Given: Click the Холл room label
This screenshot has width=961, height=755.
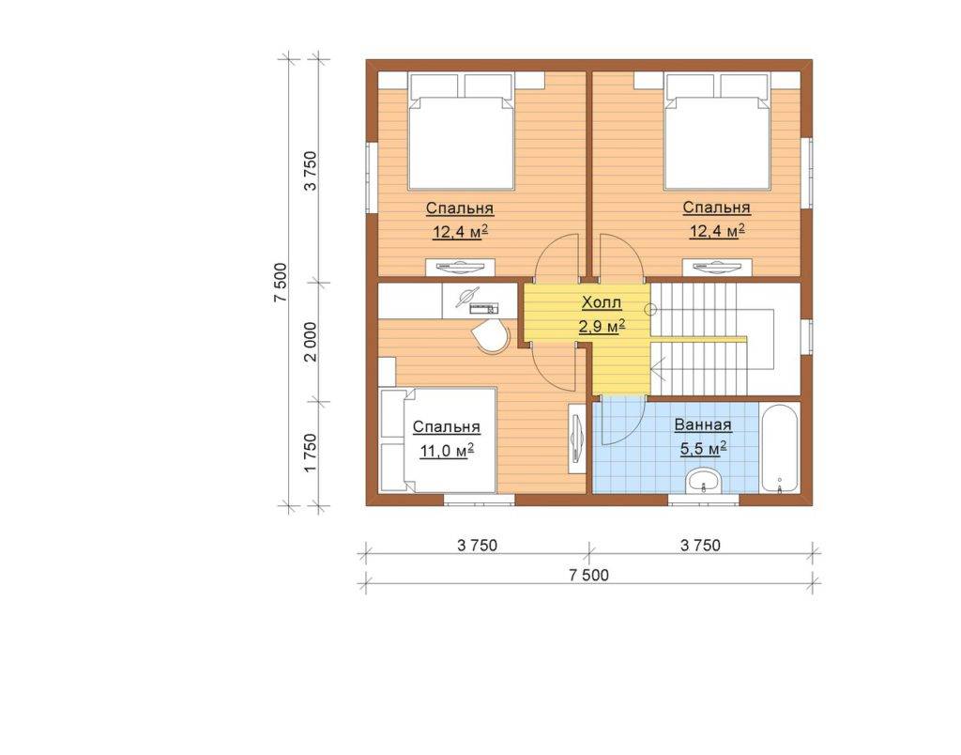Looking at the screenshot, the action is point(602,302).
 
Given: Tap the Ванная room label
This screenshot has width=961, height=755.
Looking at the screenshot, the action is point(703,425).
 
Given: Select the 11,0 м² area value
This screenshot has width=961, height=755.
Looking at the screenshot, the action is point(447,451).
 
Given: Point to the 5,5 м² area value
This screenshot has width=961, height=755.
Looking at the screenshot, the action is point(703,449).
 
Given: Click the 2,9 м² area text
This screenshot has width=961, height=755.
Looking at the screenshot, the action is point(602,326).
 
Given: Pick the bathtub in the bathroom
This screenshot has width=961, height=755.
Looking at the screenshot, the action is point(780,447).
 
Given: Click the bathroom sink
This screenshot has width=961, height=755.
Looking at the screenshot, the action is point(704,481).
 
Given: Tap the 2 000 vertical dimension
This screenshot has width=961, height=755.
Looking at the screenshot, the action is point(312,342).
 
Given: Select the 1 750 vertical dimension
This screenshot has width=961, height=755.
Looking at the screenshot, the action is point(312,453).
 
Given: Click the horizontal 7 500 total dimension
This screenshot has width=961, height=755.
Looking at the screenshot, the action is point(589,576).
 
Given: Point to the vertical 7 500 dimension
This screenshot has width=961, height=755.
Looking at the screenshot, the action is point(281,282).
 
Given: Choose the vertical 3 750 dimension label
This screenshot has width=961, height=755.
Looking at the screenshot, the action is point(312,171).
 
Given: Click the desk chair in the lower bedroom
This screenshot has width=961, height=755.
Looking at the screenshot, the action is point(492,336).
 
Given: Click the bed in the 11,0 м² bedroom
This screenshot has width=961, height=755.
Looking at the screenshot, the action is point(437,439).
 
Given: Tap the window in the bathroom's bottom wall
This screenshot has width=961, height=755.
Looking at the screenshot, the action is point(704,500).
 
